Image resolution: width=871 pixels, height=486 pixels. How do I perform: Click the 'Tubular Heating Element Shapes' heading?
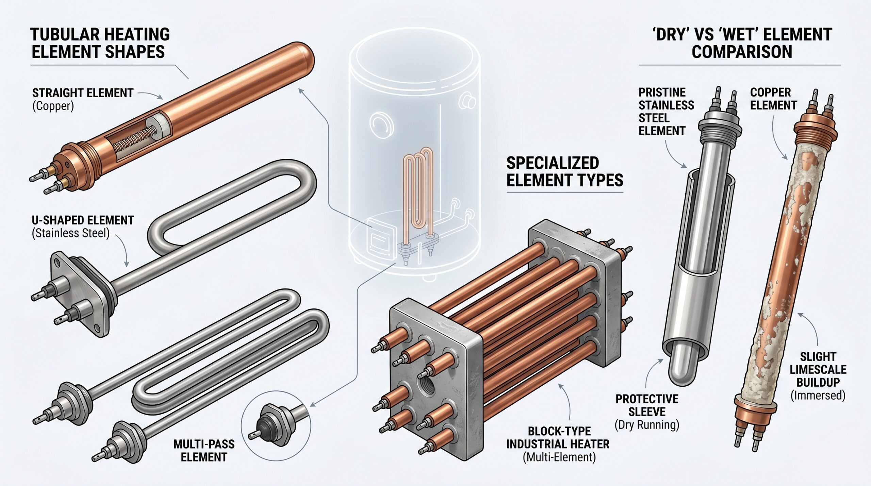100,43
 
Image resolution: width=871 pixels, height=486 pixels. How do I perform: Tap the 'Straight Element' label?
83,93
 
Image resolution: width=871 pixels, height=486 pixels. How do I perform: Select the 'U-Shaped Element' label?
83,220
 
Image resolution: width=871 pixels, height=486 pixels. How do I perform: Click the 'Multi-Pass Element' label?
204,450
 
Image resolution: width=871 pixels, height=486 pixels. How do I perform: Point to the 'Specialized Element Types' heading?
565,172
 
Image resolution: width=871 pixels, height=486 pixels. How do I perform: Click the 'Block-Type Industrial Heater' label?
558,438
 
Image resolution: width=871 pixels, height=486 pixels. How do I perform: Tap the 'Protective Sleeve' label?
647,405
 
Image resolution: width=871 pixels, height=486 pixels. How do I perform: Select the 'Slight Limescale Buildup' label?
818,369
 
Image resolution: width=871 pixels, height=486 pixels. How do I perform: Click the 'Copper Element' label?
773,99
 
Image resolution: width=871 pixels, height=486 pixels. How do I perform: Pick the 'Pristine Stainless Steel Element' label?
666,112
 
